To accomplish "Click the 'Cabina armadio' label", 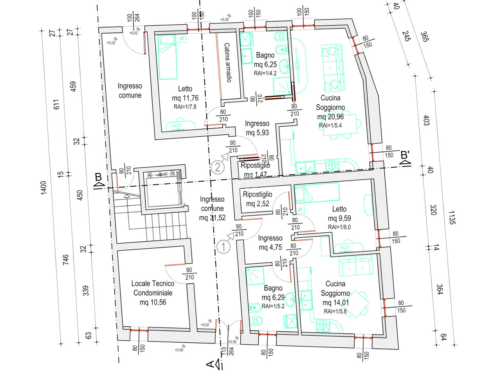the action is pos(228,62).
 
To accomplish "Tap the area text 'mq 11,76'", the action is pos(185,98).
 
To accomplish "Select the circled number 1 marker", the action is pos(223,247).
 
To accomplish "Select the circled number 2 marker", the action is pos(218,167).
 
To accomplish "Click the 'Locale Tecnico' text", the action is pos(153,284).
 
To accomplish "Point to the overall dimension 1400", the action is pos(43,188).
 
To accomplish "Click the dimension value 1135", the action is pos(452,217).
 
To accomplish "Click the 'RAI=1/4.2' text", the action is pos(265,73).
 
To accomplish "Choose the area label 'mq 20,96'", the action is pos(330,117).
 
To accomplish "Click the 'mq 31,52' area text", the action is pos(212,218).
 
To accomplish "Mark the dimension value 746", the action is pos(65,260).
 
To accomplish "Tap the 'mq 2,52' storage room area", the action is pos(258,204).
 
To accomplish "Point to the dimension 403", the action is pos(426,120).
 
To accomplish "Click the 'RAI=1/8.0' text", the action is pos(339,227).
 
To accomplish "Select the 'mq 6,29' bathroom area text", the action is pos(273,297).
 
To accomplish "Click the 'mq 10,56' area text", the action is pos(153,302).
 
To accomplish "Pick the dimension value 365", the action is pos(425,37).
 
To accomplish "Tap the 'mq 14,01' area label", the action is pos(335,303).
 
